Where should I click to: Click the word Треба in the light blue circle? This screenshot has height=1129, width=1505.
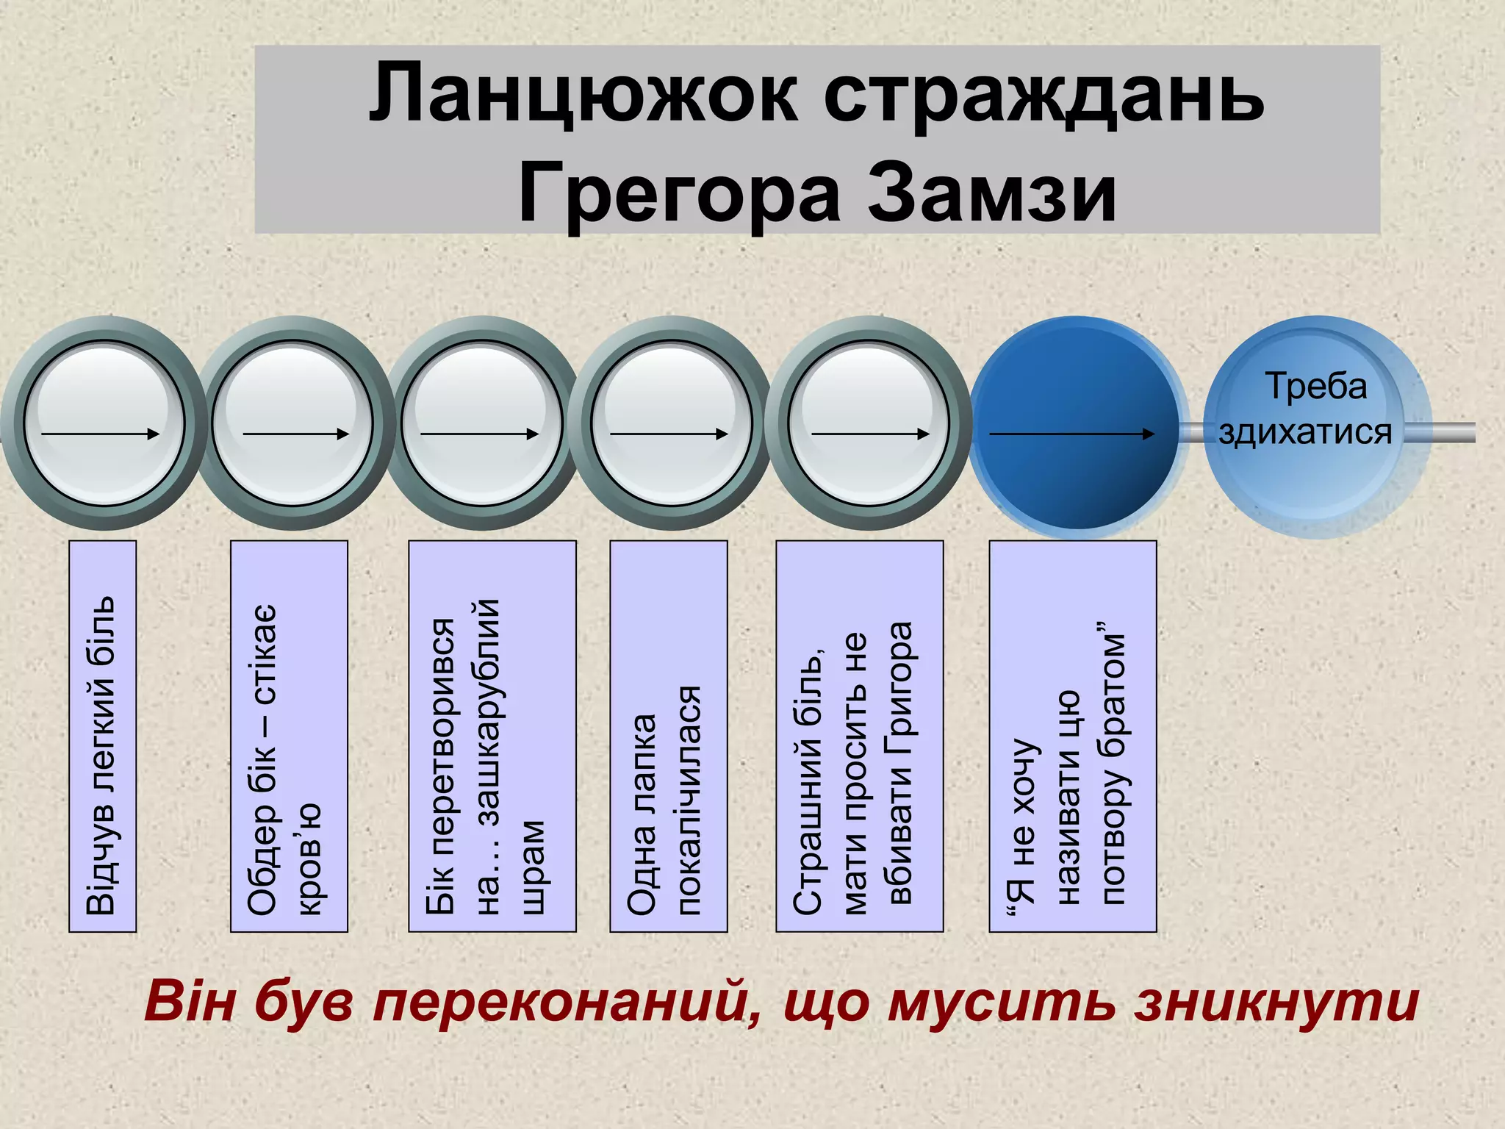pos(1315,387)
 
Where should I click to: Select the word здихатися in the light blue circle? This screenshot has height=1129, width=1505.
pos(1305,432)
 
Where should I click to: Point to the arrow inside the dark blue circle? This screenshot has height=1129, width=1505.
pos(1072,434)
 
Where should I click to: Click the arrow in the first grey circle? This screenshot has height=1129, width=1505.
pos(100,434)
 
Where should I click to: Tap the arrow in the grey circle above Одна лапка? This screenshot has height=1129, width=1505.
pos(668,434)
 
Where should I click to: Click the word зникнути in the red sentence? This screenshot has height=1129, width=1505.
pos(1276,1002)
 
